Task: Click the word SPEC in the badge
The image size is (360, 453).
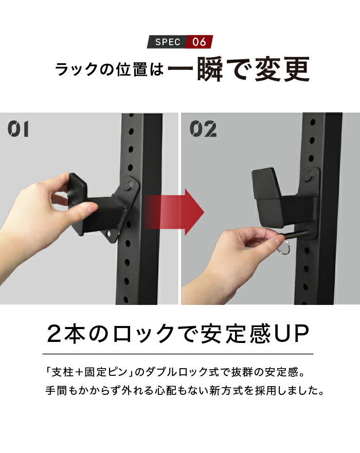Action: click(168, 42)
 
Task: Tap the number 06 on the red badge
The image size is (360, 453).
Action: click(199, 42)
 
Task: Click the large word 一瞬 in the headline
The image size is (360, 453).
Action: click(196, 69)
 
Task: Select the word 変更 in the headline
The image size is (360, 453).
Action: click(282, 69)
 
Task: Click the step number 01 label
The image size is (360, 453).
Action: click(18, 129)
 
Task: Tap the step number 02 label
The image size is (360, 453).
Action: click(203, 129)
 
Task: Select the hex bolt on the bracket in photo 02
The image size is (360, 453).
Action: click(310, 175)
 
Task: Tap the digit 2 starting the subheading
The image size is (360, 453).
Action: click(55, 334)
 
